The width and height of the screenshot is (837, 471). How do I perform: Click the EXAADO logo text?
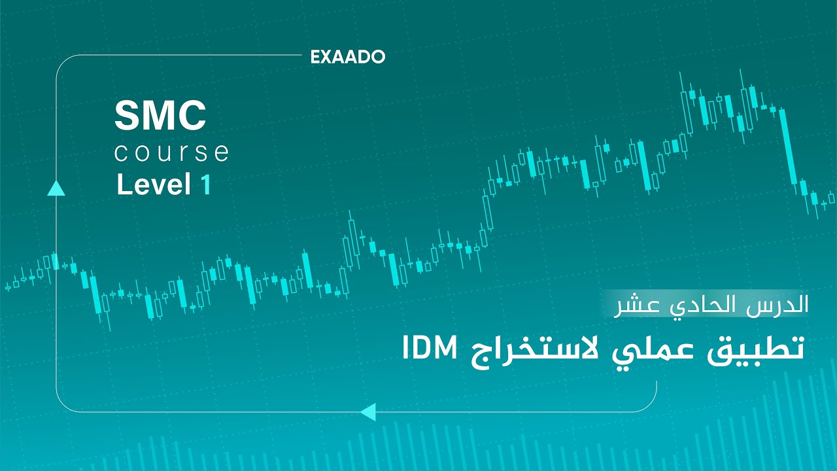click(348, 58)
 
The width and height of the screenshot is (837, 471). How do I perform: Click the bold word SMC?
click(160, 116)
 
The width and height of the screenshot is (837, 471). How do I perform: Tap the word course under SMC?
click(171, 153)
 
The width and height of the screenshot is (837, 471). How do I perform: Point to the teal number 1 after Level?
click(206, 185)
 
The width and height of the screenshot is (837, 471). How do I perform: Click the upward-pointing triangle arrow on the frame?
click(56, 188)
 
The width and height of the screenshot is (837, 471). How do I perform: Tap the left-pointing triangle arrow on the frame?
click(368, 411)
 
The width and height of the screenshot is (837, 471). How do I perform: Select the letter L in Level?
click(122, 185)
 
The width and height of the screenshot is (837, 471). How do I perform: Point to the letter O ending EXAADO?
click(377, 58)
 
